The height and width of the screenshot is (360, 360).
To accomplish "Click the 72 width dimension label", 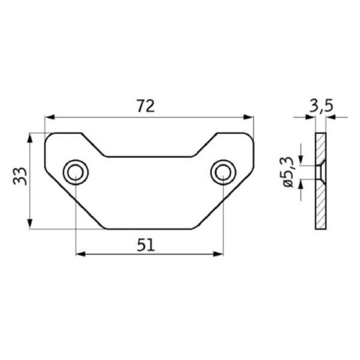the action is (x=146, y=106).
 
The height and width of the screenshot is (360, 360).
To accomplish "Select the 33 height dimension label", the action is (x=20, y=176).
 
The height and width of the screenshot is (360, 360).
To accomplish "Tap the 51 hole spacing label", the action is (x=146, y=245).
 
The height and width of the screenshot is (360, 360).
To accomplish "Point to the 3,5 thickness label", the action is (x=321, y=106).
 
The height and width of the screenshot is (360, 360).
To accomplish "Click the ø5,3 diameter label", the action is (x=288, y=172).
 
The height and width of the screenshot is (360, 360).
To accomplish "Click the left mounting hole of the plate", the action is (x=76, y=172).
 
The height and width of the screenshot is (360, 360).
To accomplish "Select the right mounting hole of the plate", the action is (x=223, y=172).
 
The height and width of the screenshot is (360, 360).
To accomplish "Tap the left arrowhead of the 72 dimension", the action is (x=49, y=117).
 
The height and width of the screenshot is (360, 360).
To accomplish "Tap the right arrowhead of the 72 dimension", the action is (x=248, y=117).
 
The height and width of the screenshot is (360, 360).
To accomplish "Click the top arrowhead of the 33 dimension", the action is (x=30, y=139).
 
